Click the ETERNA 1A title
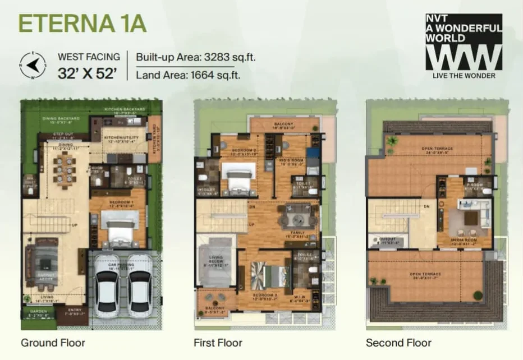[x=82, y=24]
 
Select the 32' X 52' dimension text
[x=89, y=73]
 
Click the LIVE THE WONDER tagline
[x=464, y=76]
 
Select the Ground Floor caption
[x=53, y=342]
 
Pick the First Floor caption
[x=218, y=342]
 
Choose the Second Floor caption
[x=398, y=342]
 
